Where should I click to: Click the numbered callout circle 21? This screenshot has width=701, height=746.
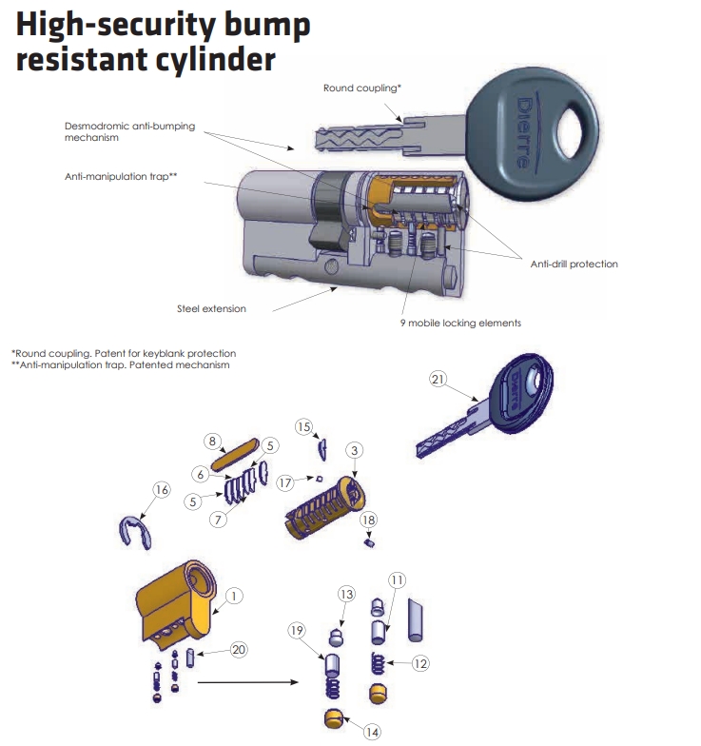pyautogui.click(x=438, y=379)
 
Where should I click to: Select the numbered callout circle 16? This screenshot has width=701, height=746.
pyautogui.click(x=162, y=489)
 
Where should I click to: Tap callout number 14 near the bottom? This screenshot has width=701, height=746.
pyautogui.click(x=372, y=733)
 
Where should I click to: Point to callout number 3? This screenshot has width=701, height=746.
pyautogui.click(x=354, y=450)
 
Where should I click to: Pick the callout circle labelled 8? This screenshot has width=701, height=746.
pyautogui.click(x=212, y=442)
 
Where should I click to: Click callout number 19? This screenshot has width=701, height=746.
pyautogui.click(x=297, y=630)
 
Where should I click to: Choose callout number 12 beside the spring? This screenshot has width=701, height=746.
pyautogui.click(x=420, y=663)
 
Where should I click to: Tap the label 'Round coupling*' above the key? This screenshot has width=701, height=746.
pyautogui.click(x=362, y=88)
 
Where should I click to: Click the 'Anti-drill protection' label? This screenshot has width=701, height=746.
pyautogui.click(x=574, y=265)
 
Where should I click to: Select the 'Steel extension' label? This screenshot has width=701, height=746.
pyautogui.click(x=211, y=308)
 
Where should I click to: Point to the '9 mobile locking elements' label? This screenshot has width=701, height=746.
pyautogui.click(x=460, y=324)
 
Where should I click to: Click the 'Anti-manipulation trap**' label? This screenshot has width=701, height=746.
pyautogui.click(x=121, y=177)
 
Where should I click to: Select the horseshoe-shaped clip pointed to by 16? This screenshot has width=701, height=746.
pyautogui.click(x=135, y=533)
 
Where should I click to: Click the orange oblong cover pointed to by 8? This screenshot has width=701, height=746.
pyautogui.click(x=235, y=455)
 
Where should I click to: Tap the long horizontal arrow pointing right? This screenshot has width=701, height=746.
pyautogui.click(x=247, y=682)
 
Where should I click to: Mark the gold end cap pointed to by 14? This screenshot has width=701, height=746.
pyautogui.click(x=334, y=717)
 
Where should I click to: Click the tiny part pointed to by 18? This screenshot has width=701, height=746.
pyautogui.click(x=369, y=542)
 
